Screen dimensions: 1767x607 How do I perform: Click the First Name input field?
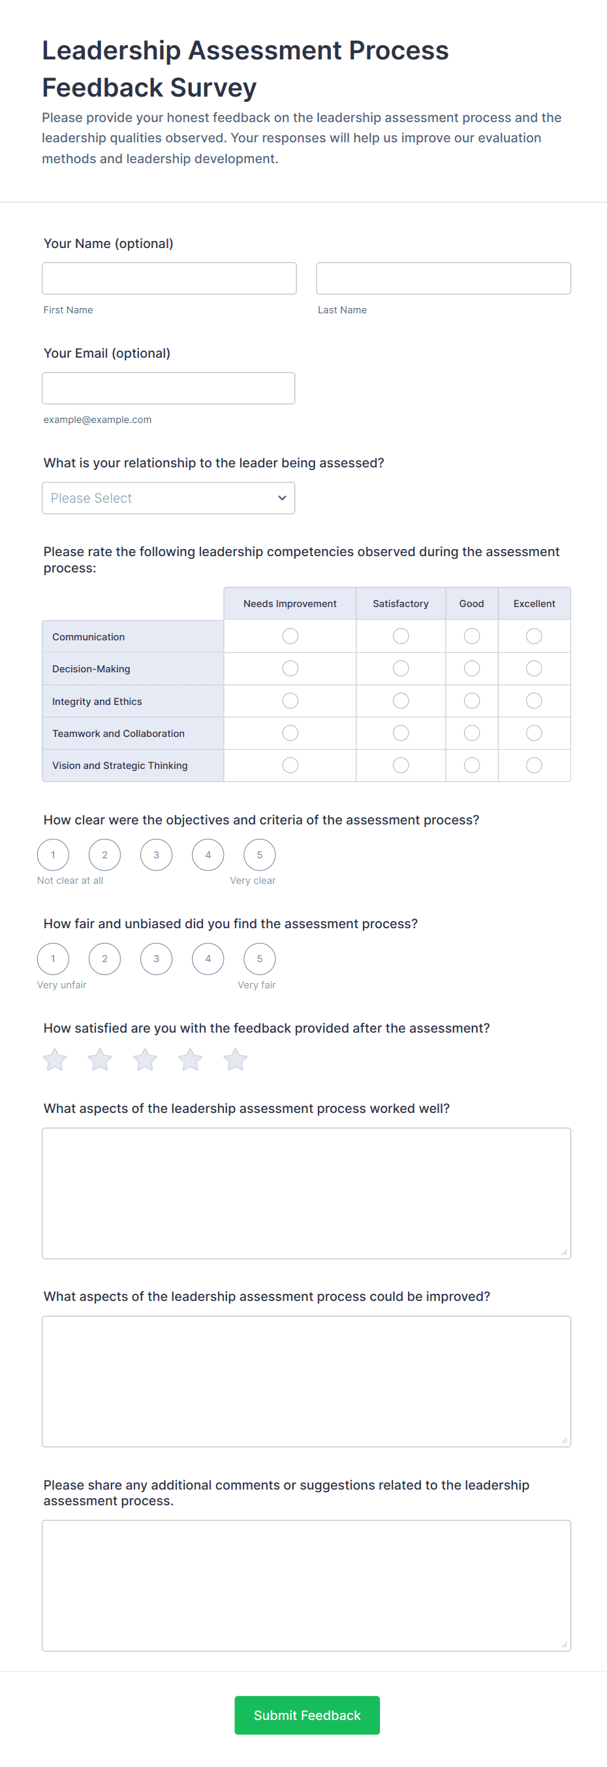[169, 279]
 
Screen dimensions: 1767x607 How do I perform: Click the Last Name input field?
[443, 279]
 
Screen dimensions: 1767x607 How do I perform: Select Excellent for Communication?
[534, 636]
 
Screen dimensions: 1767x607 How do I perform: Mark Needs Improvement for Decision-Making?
[290, 668]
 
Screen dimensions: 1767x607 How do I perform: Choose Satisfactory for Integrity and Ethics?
[401, 700]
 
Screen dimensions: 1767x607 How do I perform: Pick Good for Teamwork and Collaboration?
[471, 733]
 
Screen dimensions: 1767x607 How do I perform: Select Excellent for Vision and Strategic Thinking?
[534, 765]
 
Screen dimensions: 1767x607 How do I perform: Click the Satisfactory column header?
[401, 604]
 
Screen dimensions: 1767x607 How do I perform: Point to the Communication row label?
[89, 636]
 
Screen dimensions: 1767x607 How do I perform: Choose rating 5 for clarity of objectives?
[259, 854]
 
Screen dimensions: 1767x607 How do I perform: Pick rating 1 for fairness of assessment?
[53, 959]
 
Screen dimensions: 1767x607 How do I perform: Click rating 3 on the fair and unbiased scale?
[157, 959]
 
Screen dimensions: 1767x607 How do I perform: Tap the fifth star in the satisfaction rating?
[235, 1060]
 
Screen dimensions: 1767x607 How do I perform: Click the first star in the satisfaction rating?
[55, 1060]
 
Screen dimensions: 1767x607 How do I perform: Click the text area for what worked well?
[306, 1193]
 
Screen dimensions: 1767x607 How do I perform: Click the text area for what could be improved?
[306, 1381]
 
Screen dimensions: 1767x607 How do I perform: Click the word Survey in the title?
[213, 88]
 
